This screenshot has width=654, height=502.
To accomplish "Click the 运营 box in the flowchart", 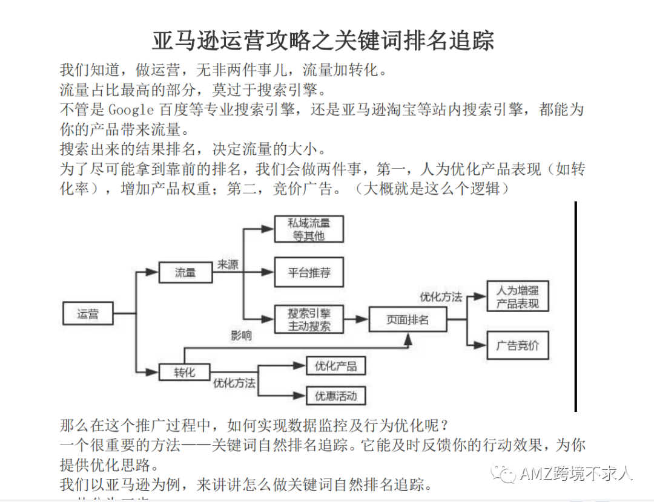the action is point(88,313).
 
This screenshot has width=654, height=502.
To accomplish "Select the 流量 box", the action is point(186,272).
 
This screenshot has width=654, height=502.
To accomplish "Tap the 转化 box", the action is point(184,372).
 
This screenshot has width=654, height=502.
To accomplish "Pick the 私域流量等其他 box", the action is point(309,229).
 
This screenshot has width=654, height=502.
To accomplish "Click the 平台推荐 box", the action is point(309,272).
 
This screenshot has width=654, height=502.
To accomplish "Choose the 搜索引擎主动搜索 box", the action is point(309,319).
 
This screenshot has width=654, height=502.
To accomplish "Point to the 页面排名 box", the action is point(408,319).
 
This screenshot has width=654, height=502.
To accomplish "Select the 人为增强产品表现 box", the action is point(518,296).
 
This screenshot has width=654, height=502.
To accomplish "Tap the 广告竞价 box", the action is point(518,345).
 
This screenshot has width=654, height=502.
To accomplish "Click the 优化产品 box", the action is point(335,366).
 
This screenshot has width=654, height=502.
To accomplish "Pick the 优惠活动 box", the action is point(335,396).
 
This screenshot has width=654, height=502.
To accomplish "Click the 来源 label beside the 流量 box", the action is point(228,264).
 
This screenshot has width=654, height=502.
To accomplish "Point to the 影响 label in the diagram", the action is point(242,335).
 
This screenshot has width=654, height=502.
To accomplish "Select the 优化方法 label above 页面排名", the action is point(441,296).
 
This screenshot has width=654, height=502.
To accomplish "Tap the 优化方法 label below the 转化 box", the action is point(234,383).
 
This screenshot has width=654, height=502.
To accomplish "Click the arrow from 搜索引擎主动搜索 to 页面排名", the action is point(356,319).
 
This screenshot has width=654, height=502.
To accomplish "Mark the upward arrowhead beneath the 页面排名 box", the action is point(408,340).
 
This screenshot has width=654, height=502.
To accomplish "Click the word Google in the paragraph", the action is point(131,109).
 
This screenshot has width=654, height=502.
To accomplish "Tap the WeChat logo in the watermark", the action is point(503,474).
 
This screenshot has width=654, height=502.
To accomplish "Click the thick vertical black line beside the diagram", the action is point(576,307).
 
